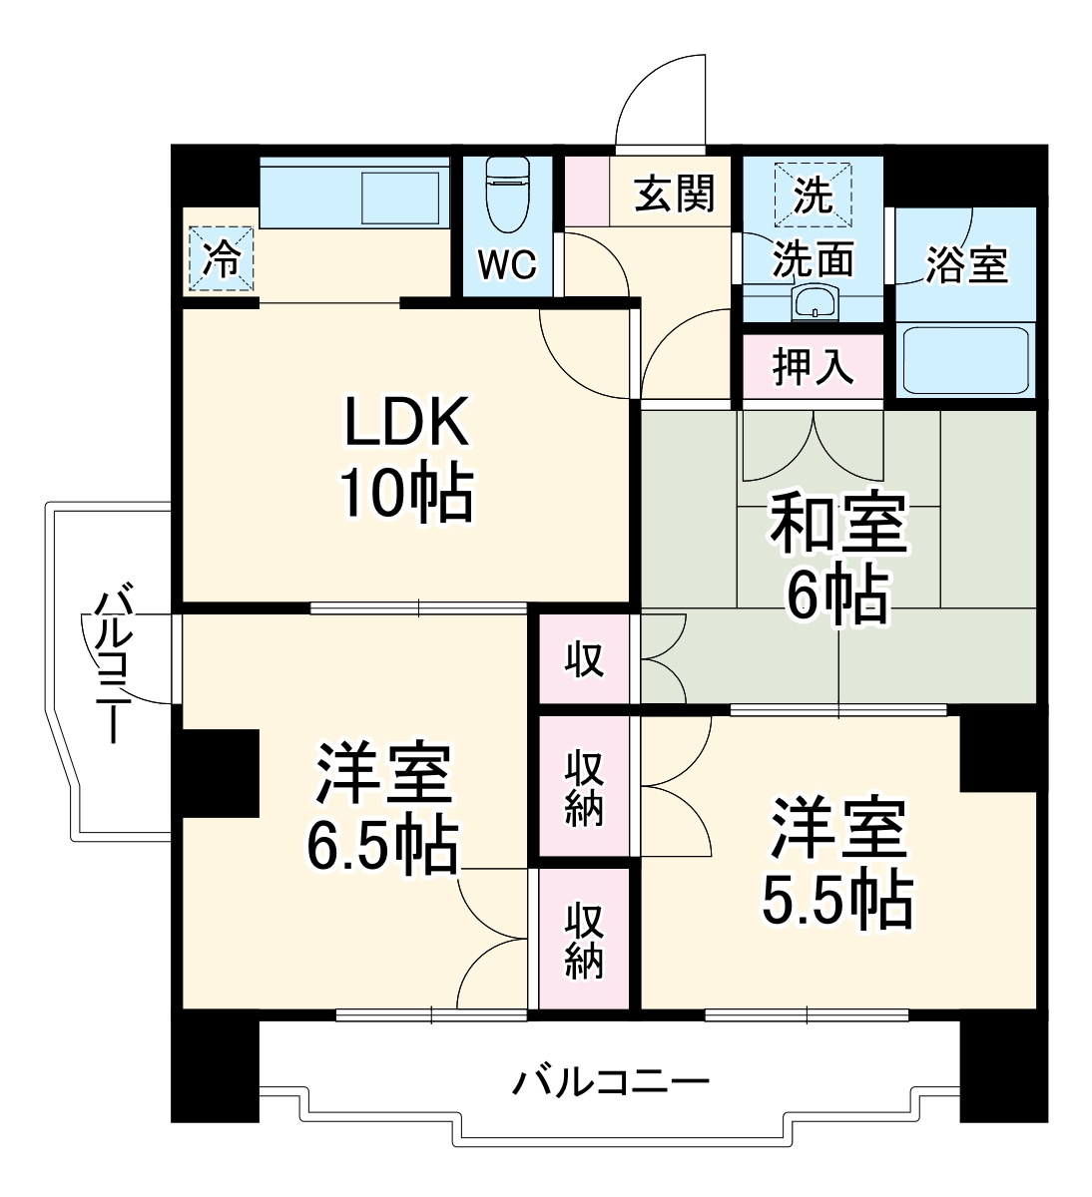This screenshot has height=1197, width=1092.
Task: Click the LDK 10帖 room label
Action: click(x=406, y=459)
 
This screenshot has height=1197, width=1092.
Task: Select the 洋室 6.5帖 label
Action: click(x=383, y=808)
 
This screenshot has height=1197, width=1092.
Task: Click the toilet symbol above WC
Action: click(x=506, y=195)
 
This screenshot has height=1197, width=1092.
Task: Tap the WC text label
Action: click(x=506, y=266)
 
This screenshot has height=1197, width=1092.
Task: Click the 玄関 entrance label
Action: click(x=676, y=192)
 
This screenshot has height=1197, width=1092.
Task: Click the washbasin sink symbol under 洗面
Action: click(x=817, y=301)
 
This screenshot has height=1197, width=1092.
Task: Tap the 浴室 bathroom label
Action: click(x=965, y=263)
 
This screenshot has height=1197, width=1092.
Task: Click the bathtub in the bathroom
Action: click(x=965, y=359)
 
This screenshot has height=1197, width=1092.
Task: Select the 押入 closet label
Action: click(x=814, y=366)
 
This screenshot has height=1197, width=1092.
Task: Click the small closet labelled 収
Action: click(x=585, y=659)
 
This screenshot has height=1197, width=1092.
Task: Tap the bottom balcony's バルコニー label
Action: click(x=611, y=1081)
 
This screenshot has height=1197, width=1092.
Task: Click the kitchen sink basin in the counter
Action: click(x=400, y=197)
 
